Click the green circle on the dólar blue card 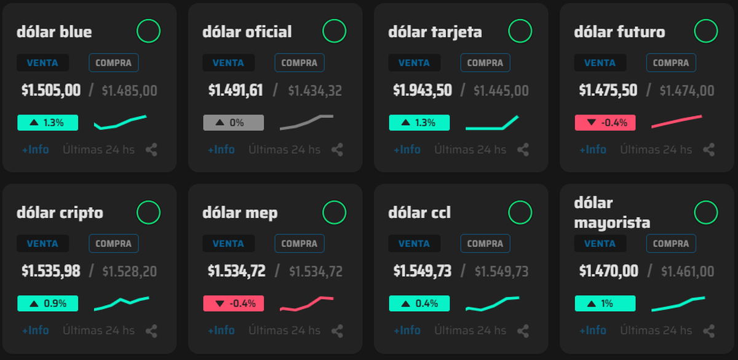pos(148,31)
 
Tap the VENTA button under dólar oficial pos(228,63)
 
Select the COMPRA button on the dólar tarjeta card pos(485,63)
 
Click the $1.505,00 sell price pos(51,90)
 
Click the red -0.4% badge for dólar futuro pos(605,122)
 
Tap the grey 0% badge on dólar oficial pos(233,122)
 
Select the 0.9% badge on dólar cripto pos(47,303)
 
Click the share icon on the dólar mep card pos(337,331)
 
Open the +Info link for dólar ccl pos(407,330)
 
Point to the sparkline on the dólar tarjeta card pos(492,123)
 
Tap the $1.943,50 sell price pos(423,90)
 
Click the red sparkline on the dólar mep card pos(306,304)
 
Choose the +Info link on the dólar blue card pos(35,150)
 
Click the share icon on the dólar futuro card pos(708,150)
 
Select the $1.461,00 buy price pos(688,271)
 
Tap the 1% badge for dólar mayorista pos(605,303)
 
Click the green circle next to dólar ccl pos(520,212)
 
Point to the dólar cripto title pos(60,213)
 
